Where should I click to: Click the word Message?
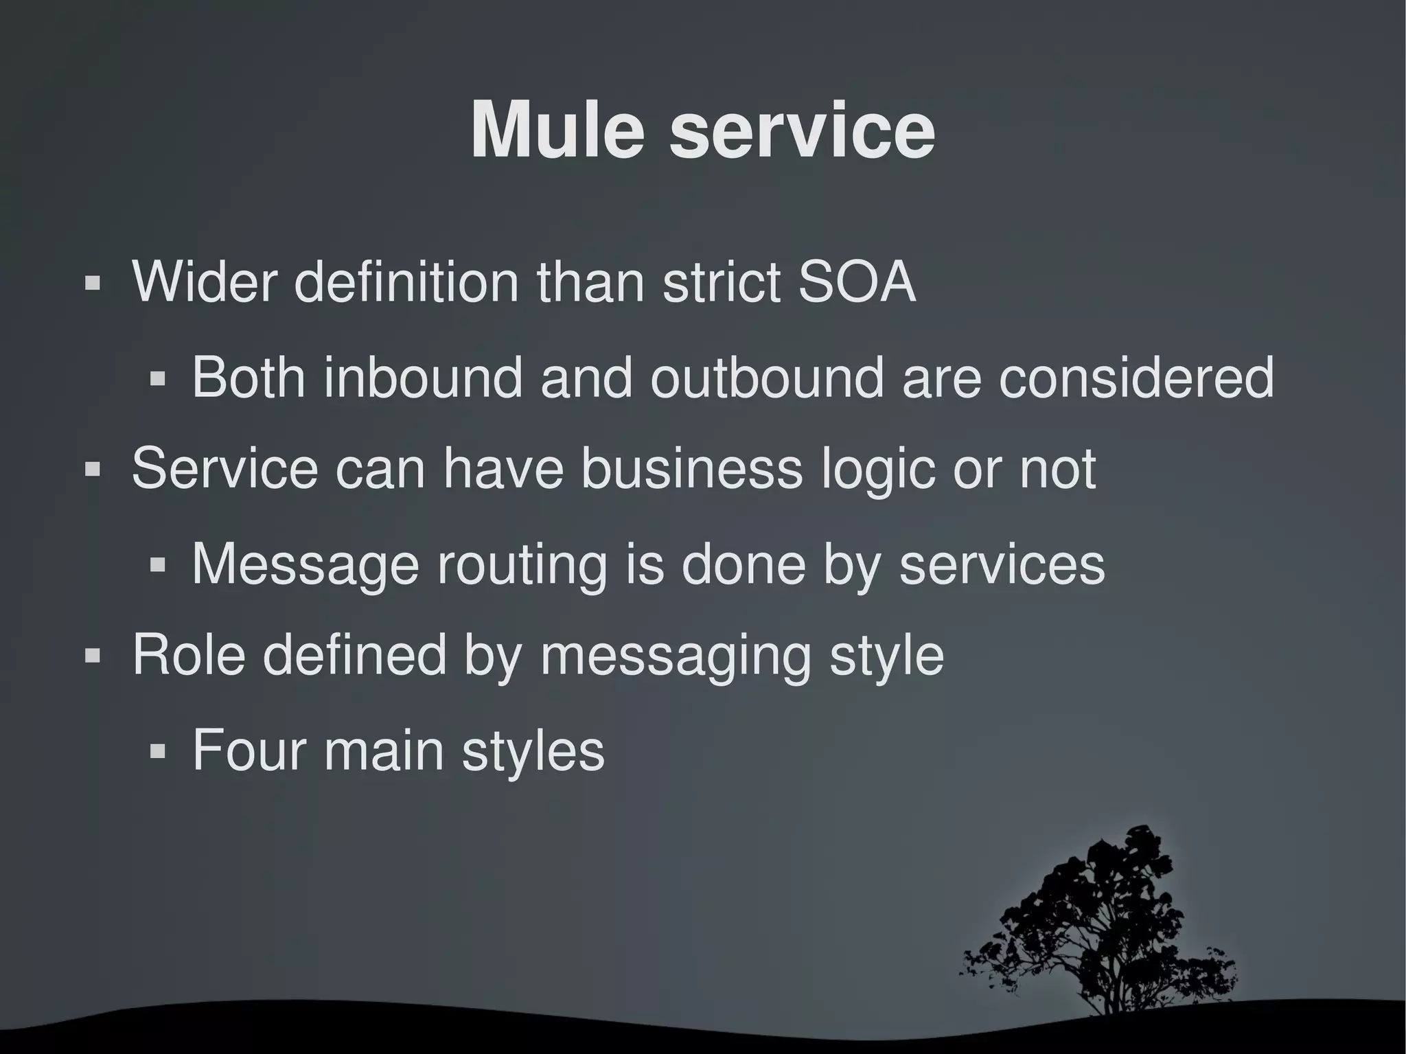(305, 564)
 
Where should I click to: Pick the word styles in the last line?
(533, 752)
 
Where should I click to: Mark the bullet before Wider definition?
(93, 283)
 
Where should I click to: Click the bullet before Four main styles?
(158, 751)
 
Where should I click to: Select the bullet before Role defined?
(93, 656)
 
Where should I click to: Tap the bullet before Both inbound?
(158, 378)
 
